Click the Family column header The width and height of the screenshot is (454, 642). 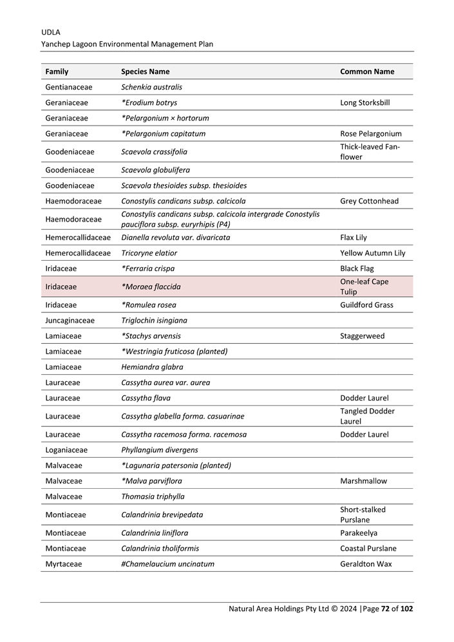(57, 71)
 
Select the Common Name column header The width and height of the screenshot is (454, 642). (367, 71)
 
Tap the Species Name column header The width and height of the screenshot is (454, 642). (146, 71)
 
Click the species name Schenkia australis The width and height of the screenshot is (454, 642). (152, 87)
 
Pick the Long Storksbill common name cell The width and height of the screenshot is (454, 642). (364, 102)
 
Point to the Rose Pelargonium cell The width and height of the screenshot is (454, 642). (371, 134)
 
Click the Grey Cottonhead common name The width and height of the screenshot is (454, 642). (369, 201)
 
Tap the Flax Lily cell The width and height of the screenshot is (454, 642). (354, 238)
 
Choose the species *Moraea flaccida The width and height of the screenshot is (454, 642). (151, 287)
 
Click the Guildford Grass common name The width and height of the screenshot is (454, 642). (366, 305)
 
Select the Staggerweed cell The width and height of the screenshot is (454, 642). (362, 336)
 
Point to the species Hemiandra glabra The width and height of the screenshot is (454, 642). (152, 367)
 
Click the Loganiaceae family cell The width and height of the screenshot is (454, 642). (66, 450)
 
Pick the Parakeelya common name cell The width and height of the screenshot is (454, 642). (359, 533)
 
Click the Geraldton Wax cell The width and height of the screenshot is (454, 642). (366, 564)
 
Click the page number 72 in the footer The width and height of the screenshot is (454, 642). (385, 609)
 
